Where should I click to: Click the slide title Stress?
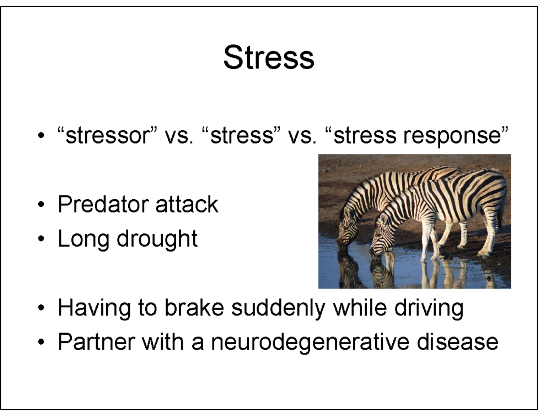(269, 58)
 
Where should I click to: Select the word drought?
(157, 239)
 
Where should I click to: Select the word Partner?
(96, 342)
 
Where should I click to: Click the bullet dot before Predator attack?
(41, 206)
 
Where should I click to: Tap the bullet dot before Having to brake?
(41, 309)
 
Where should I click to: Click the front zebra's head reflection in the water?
(380, 271)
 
